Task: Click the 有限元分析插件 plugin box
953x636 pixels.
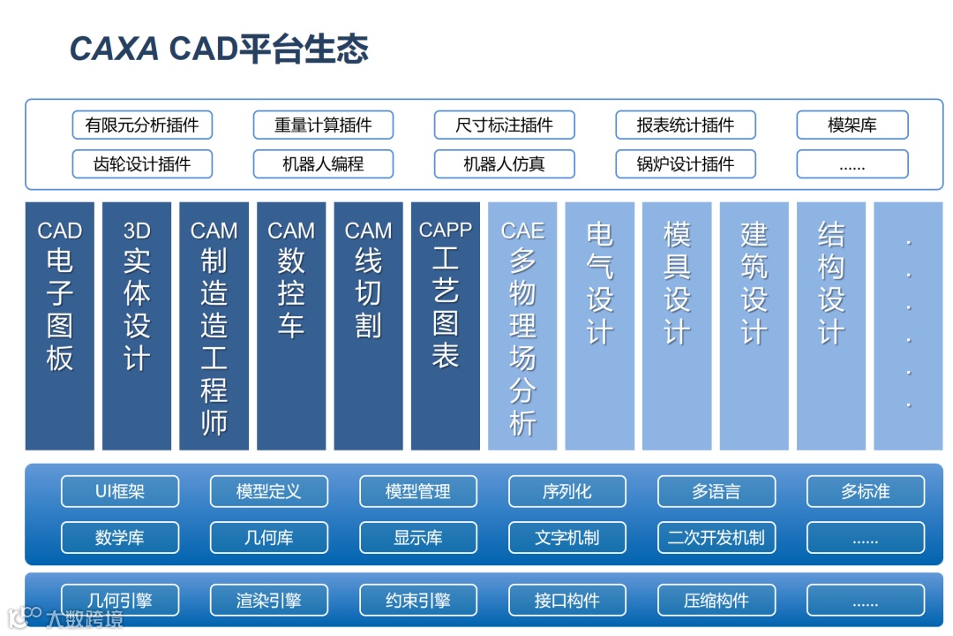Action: [x=142, y=125]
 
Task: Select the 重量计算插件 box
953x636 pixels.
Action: [x=323, y=125]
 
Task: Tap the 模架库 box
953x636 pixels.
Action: [x=852, y=125]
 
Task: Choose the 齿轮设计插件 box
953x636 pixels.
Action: [x=142, y=164]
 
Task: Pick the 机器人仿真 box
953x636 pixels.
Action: [x=504, y=164]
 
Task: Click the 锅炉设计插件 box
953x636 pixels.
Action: [x=686, y=164]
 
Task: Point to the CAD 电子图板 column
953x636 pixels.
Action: [x=60, y=326]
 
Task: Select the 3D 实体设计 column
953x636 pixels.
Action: [x=137, y=326]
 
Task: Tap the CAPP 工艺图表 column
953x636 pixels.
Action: [x=446, y=326]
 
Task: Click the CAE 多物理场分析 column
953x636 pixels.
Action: [x=522, y=326]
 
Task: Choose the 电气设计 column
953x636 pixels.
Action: [x=600, y=326]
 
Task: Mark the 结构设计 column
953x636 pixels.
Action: [x=831, y=326]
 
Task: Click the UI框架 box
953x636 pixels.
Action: [x=120, y=492]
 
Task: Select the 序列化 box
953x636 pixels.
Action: [x=567, y=492]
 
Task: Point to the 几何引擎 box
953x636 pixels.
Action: [x=120, y=602]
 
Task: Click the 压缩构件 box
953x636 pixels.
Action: [x=717, y=602]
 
